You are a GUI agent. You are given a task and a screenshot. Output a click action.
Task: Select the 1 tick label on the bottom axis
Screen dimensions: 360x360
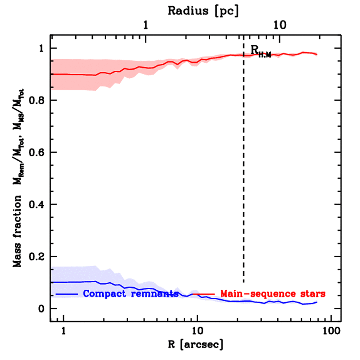[x=64, y=331]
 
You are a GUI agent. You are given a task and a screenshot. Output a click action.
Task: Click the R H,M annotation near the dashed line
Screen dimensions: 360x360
[x=261, y=51]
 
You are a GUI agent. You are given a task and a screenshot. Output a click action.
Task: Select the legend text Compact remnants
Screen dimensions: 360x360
[x=131, y=294]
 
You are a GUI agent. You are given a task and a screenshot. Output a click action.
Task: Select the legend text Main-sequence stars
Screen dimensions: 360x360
[x=273, y=294]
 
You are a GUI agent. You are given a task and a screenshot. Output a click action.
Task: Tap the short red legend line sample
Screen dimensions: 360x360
[x=204, y=294]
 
